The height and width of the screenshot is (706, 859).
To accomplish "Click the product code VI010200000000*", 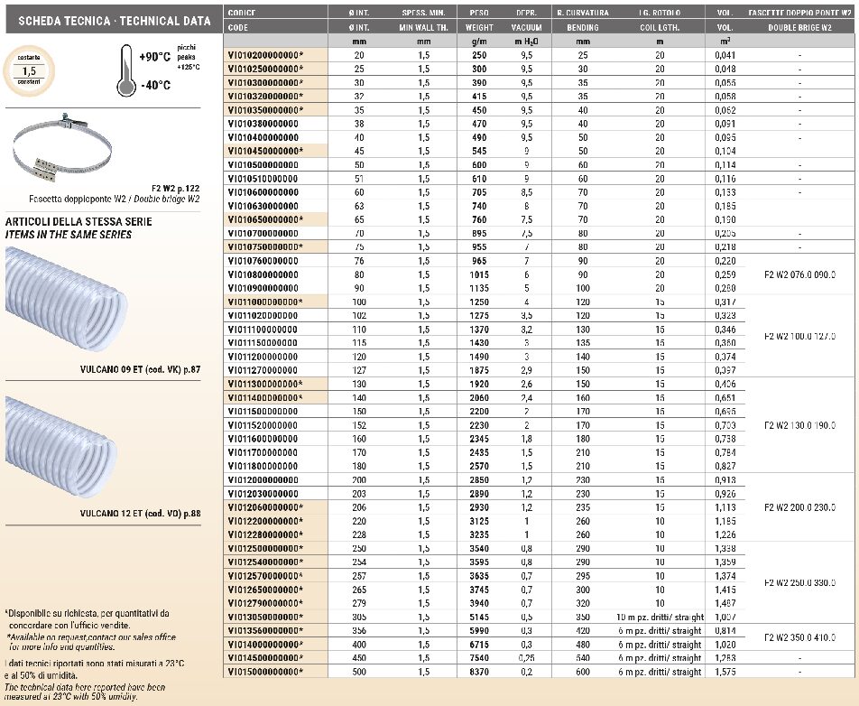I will pyautogui.click(x=265, y=55).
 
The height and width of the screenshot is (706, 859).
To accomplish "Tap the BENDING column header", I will pyautogui.click(x=583, y=28).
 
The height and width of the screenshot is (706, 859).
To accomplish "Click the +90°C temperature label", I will pyautogui.click(x=155, y=56).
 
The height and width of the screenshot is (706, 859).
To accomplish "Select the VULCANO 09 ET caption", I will pyautogui.click(x=140, y=369).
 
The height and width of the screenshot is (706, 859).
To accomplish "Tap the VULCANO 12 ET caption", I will pyautogui.click(x=140, y=514).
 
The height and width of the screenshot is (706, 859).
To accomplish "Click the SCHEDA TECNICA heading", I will pyautogui.click(x=108, y=21).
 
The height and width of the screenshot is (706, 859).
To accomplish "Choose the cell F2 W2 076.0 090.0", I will pyautogui.click(x=799, y=274).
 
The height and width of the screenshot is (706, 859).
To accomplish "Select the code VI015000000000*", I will pyautogui.click(x=265, y=672).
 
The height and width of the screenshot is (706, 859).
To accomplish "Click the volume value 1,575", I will pyautogui.click(x=725, y=672).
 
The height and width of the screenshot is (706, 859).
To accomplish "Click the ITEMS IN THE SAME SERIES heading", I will pyautogui.click(x=69, y=235).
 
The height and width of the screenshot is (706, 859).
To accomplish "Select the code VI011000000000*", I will pyautogui.click(x=265, y=302).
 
